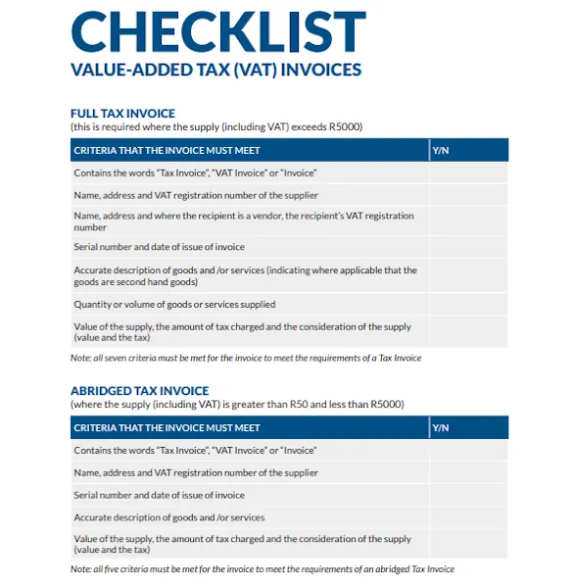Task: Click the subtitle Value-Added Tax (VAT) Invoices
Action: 216,70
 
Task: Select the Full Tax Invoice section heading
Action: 122,114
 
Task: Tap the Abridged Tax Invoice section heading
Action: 139,390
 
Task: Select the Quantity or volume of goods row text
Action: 174,304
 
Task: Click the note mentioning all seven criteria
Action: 245,358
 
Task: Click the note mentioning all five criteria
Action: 262,568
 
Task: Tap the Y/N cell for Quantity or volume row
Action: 467,304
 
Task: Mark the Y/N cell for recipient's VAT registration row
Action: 467,220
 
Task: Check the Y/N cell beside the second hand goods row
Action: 467,275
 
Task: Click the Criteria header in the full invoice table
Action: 167,150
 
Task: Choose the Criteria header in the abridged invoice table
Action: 167,427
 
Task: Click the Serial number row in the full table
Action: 159,247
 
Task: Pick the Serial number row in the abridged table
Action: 159,495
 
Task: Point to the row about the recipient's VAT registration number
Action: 243,220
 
